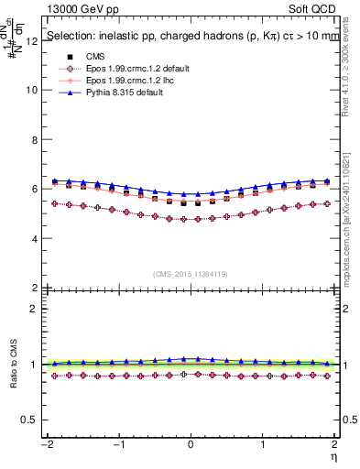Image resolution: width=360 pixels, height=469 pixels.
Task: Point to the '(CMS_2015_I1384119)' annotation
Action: coord(190,274)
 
